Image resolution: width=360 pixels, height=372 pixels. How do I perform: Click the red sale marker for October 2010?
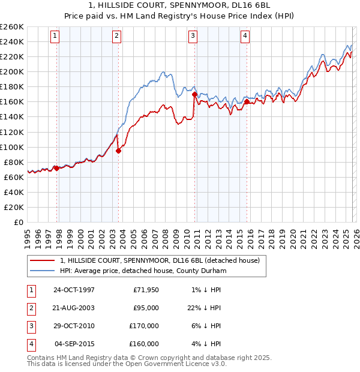[x=195, y=94]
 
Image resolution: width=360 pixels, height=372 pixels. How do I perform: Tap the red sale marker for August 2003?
[x=118, y=151]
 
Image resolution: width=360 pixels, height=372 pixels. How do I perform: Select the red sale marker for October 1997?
[x=57, y=168]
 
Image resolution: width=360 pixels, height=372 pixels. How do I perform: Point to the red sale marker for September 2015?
[x=247, y=101]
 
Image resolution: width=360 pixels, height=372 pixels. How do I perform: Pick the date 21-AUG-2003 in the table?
[x=74, y=308]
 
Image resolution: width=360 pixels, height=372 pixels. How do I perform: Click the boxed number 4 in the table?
[x=29, y=344]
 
